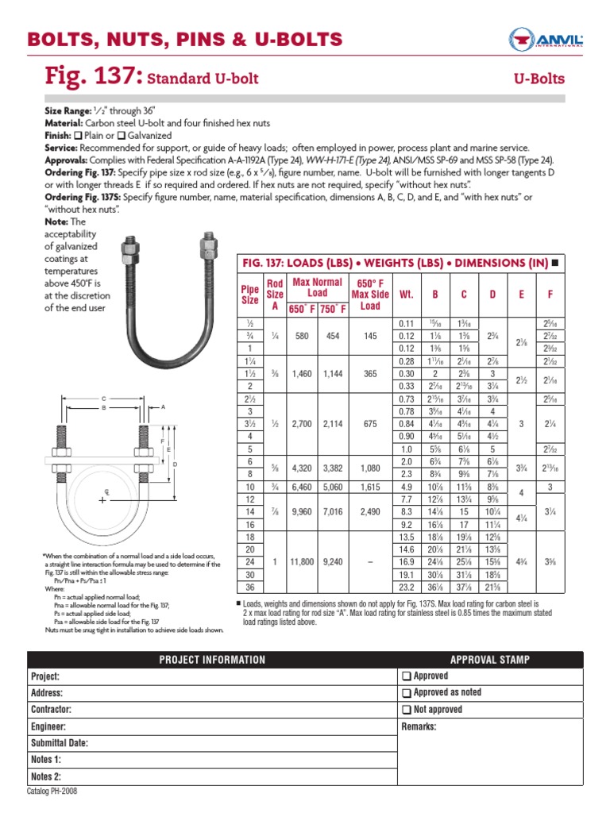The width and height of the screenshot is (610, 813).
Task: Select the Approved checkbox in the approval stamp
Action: click(x=407, y=676)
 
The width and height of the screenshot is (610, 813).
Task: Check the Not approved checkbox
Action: click(x=407, y=710)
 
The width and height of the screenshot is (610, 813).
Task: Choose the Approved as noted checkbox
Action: click(x=407, y=693)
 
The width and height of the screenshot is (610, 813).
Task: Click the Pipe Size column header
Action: click(x=249, y=295)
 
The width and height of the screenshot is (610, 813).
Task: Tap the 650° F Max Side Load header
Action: click(x=370, y=295)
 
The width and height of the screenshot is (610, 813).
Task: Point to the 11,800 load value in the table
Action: click(x=297, y=561)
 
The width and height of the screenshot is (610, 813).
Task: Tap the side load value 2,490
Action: click(x=370, y=512)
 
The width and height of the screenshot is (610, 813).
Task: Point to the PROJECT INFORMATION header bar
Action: click(x=212, y=660)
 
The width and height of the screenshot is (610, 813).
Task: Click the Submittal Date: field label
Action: click(x=59, y=744)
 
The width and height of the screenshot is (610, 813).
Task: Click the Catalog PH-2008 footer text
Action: click(x=52, y=792)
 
